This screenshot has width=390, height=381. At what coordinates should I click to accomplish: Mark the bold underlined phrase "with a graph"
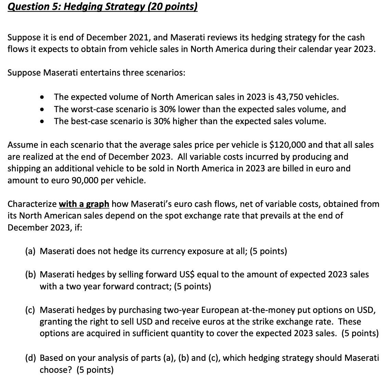[x=84, y=204]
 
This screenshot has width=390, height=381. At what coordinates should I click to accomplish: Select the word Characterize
[x=32, y=204]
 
